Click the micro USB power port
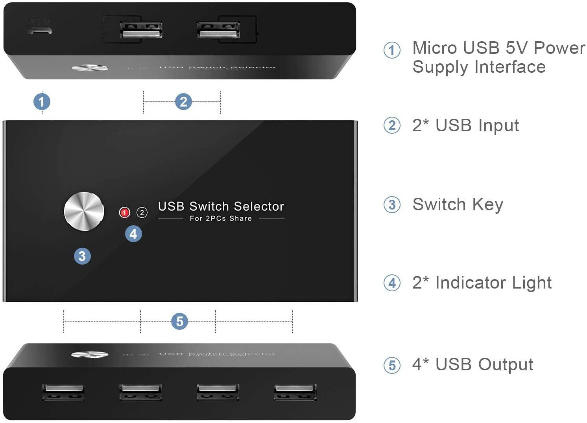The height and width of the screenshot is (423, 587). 40,30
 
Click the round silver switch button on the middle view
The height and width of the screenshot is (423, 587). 84,211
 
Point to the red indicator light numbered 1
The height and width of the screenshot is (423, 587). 124,213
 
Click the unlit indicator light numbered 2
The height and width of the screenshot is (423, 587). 142,213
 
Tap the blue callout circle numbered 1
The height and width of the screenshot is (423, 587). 42,102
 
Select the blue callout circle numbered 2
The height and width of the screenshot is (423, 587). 183,102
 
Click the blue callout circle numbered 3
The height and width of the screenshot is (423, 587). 82,256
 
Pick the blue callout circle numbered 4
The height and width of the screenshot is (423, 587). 133,234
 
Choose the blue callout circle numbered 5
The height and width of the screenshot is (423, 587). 179,321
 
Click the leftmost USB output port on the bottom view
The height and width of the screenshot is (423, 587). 63,392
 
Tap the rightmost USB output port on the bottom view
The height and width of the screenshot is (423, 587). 295,392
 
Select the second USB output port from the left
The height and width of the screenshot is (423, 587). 140,392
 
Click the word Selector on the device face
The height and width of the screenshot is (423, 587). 258,206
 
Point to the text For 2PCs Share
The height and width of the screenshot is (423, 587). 221,219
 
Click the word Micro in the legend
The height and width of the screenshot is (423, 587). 435,48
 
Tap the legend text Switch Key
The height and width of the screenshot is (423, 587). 458,204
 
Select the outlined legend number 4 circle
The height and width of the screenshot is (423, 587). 392,283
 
